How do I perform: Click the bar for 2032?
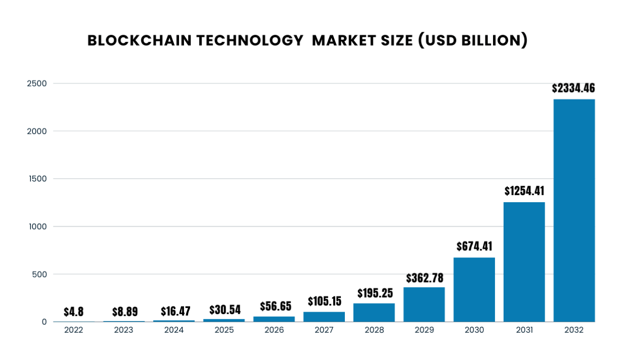tap(574, 210)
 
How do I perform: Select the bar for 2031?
tap(524, 262)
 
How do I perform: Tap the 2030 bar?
tap(474, 290)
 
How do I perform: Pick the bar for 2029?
tap(424, 304)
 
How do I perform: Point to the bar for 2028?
tap(374, 312)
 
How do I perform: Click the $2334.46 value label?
tap(573, 88)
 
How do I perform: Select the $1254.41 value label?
tap(524, 191)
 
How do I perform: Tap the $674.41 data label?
tap(474, 247)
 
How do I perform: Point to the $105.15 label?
tap(324, 302)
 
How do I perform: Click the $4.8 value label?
tap(73, 311)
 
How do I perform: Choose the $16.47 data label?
tap(174, 311)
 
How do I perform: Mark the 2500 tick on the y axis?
tap(36, 83)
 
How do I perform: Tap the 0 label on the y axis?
tap(44, 322)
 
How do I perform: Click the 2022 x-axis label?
tap(74, 330)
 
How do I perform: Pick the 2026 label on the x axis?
tap(274, 330)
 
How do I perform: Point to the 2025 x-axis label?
tap(224, 330)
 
